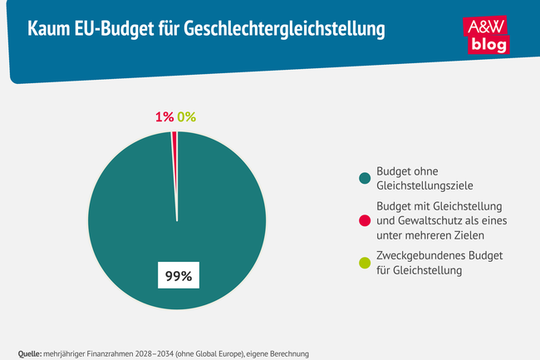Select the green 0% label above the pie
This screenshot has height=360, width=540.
[x=186, y=117]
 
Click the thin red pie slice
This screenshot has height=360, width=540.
[x=174, y=166]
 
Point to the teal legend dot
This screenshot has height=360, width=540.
[x=363, y=178]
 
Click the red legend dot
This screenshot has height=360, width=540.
[x=363, y=220]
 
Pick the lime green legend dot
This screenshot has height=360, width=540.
[x=363, y=263]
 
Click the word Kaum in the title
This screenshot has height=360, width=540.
[x=49, y=31]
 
